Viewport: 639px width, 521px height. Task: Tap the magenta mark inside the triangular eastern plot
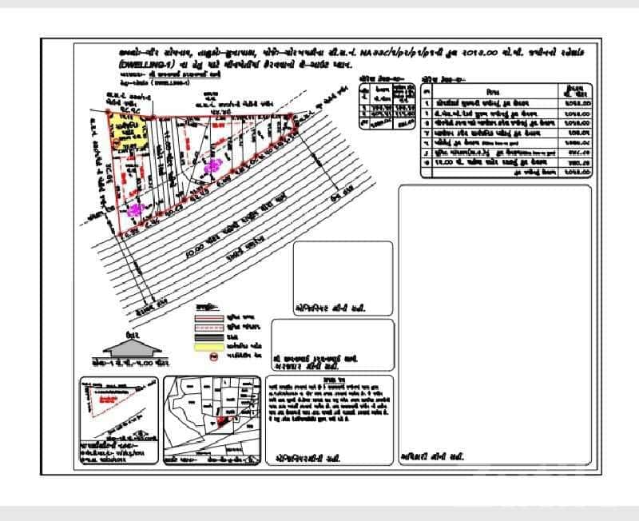click(x=212, y=166)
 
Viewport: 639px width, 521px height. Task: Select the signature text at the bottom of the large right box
click(x=431, y=459)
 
